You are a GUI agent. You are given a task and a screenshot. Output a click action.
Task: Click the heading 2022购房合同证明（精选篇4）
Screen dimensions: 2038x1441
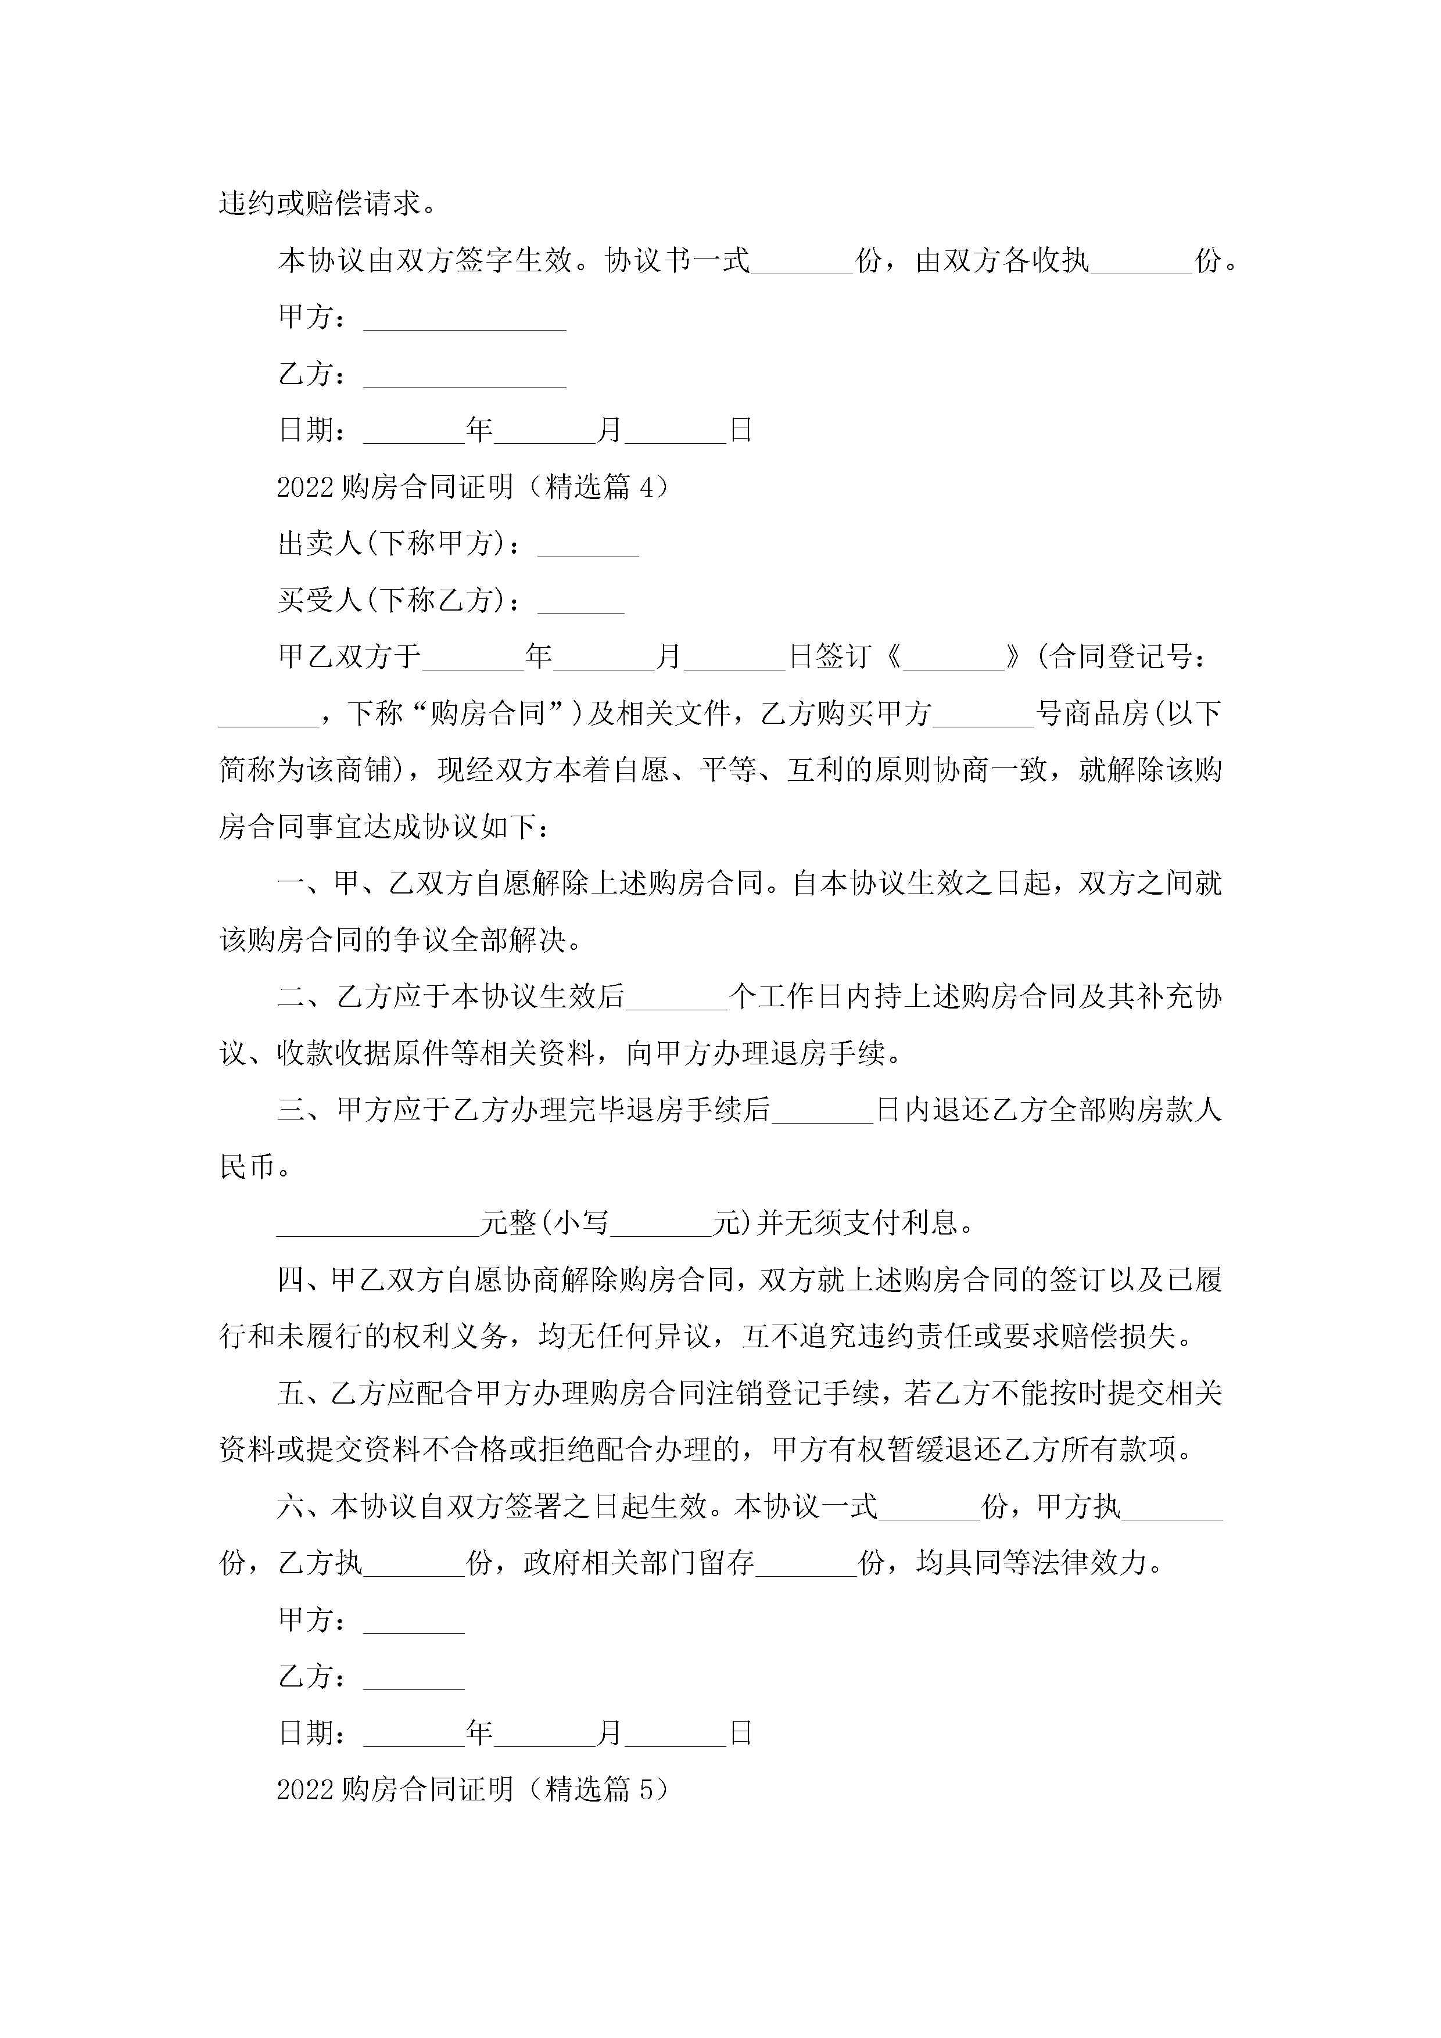pos(472,486)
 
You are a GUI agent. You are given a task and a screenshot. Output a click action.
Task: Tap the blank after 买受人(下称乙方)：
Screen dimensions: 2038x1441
pos(580,602)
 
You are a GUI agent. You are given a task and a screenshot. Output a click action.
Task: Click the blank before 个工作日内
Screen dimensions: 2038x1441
pos(676,998)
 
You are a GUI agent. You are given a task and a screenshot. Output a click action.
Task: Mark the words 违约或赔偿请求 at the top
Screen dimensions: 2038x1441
pos(320,204)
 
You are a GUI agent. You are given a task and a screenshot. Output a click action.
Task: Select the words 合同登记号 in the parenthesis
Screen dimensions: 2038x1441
pos(1120,657)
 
